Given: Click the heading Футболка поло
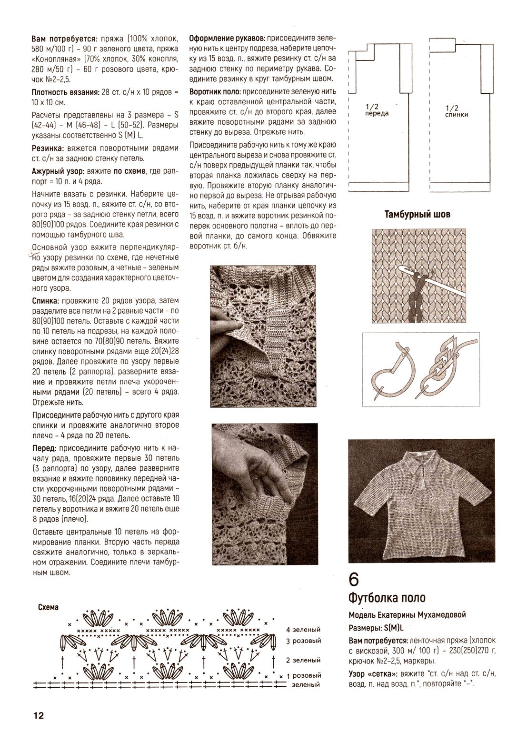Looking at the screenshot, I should coord(387,597).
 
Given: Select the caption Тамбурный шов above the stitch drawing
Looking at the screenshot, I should coord(417,214).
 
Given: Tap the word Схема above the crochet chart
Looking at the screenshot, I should coord(48,608).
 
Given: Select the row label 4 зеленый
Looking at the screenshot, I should coord(303,630).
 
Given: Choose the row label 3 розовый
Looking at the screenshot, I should coord(303,641).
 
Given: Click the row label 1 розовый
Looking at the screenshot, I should coord(303,675).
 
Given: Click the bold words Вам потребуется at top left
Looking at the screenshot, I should coord(64,38).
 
